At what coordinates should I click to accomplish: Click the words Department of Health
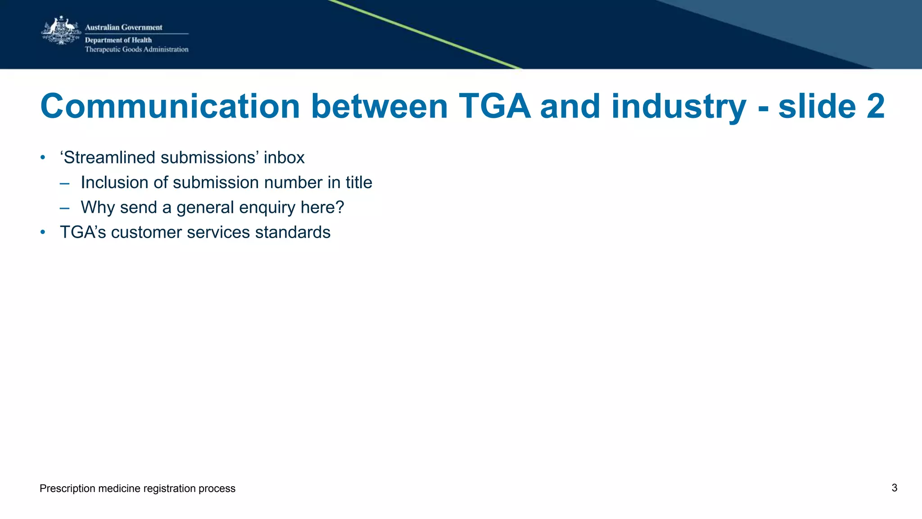(x=118, y=40)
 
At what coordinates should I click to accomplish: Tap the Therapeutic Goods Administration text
(x=136, y=50)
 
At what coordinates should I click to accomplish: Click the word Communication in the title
(x=170, y=107)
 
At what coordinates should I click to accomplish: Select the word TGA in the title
(x=494, y=107)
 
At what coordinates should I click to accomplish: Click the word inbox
(x=284, y=158)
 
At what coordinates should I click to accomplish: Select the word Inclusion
(x=114, y=183)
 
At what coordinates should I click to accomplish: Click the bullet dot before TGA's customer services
(x=43, y=232)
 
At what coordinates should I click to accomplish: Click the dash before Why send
(x=64, y=208)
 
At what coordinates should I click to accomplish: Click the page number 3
(x=894, y=488)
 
